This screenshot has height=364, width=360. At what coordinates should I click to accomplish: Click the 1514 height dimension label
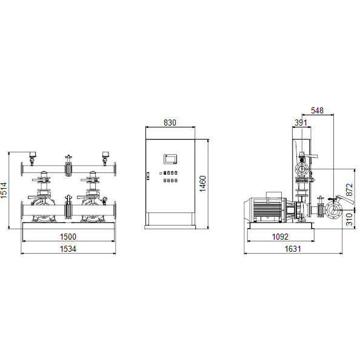4,190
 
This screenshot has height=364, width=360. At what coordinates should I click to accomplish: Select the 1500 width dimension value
68,237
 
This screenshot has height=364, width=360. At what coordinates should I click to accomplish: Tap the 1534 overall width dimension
68,249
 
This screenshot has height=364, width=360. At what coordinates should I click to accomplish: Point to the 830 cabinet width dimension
170,123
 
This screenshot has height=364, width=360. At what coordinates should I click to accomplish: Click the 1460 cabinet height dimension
203,184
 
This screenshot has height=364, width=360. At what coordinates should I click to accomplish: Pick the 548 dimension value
317,110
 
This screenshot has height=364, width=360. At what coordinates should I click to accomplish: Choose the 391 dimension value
301,123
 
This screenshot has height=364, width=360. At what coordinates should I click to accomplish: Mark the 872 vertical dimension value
349,190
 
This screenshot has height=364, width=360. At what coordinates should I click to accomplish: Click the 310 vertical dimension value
349,220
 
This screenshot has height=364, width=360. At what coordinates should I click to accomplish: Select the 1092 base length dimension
280,237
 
